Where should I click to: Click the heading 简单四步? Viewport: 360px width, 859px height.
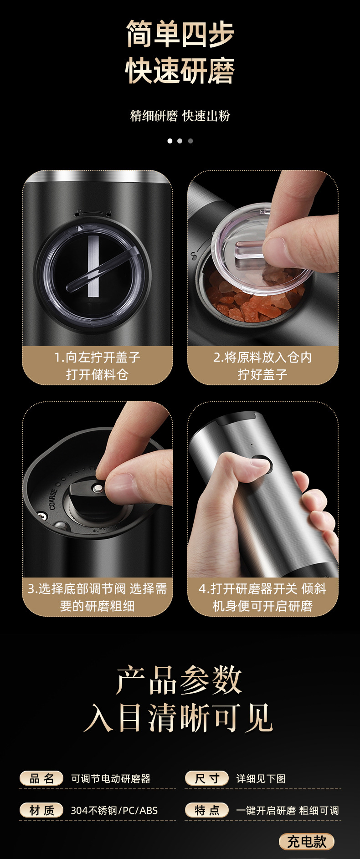[x=180, y=34]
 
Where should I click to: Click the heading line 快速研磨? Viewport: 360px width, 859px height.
[x=180, y=71]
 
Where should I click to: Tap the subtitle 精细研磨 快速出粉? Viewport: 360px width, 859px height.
[x=180, y=116]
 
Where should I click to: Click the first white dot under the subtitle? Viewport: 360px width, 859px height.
[x=170, y=141]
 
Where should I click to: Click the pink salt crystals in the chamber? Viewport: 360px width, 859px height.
[x=237, y=303]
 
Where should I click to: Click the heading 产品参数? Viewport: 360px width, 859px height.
[x=179, y=680]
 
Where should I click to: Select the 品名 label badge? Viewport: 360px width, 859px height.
[x=41, y=778]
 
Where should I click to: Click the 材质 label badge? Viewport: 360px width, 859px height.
[x=41, y=810]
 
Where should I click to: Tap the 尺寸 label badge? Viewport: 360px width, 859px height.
[x=206, y=778]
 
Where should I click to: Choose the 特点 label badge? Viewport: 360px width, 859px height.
[x=206, y=810]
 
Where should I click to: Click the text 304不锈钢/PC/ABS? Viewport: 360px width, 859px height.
[x=114, y=811]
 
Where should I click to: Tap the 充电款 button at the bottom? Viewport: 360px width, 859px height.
[x=307, y=841]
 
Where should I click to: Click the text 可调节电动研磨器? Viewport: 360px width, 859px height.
[x=111, y=779]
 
